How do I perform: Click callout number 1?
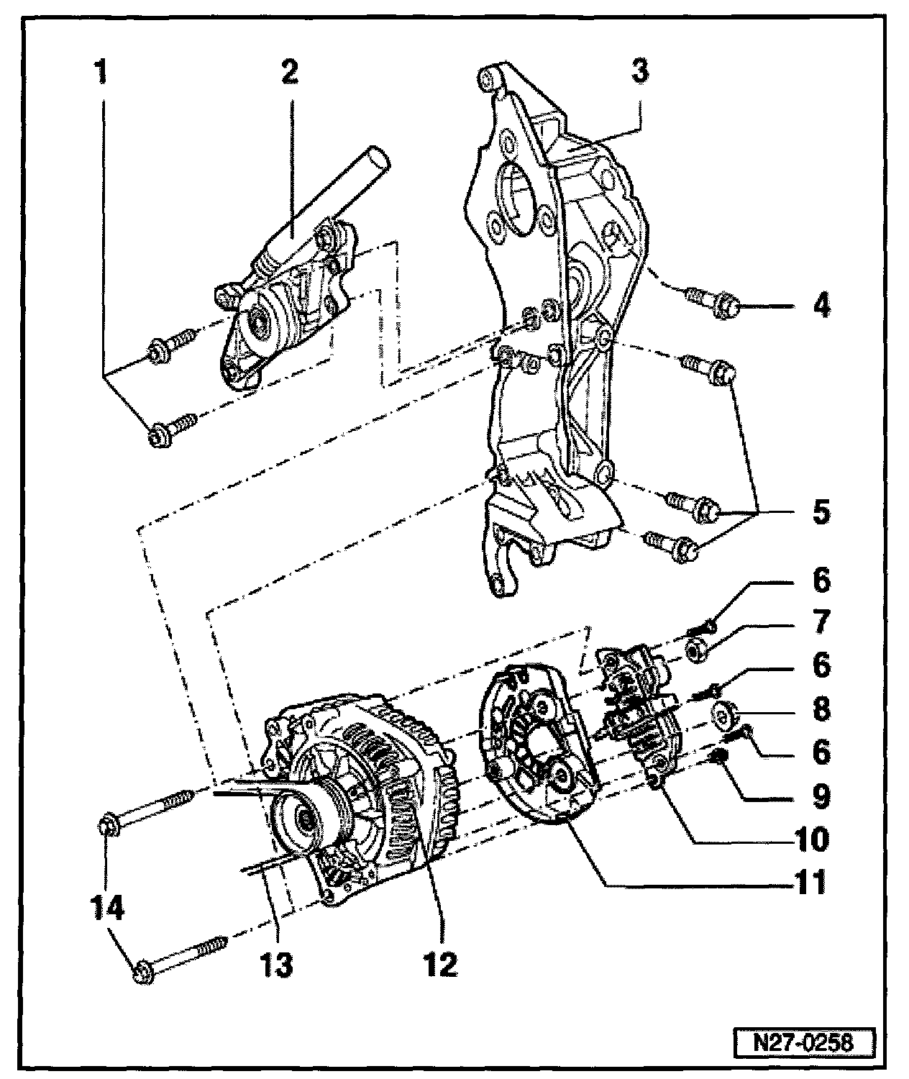tap(102, 73)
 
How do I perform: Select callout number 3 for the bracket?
tap(639, 73)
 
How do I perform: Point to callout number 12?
tap(440, 965)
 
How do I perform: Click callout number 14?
tap(106, 907)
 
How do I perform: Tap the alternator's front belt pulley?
tap(302, 820)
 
